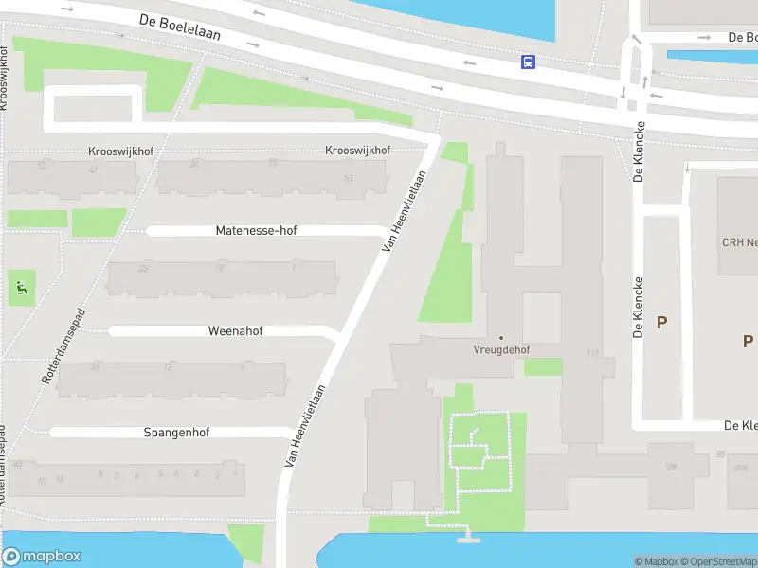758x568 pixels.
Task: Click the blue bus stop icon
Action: [x=527, y=62]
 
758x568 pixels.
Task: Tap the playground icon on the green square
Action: [x=22, y=286]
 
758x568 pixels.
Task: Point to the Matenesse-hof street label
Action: [x=256, y=230]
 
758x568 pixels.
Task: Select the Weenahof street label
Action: [x=235, y=331]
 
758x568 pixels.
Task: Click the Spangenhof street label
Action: [x=176, y=433]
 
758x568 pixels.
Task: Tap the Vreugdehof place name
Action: [x=501, y=349]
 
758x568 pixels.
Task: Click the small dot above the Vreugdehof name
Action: [x=501, y=337]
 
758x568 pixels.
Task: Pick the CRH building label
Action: [x=739, y=242]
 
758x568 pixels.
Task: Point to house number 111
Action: [x=593, y=353]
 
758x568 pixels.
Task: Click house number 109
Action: [x=672, y=467]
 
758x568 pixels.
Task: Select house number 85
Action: [x=721, y=455]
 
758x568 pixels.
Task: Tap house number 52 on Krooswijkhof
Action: [x=41, y=164]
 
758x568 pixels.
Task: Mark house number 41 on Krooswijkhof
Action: [x=93, y=169]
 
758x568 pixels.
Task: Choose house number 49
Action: [x=17, y=464]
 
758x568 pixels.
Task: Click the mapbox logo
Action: [x=41, y=557]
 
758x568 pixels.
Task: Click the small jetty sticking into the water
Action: [x=465, y=539]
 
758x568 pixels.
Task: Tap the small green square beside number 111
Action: [x=542, y=366]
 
